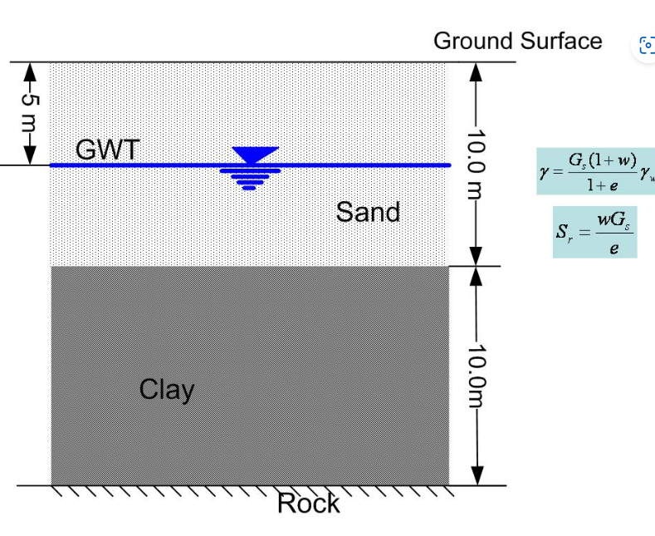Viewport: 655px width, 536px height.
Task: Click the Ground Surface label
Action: point(517,41)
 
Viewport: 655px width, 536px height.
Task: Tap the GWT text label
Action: point(108,150)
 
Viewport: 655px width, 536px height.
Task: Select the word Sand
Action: point(368,212)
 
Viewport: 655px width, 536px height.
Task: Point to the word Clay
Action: point(167,389)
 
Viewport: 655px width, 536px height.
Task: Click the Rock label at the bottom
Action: point(308,504)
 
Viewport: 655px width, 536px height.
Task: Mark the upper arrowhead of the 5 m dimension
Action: point(30,70)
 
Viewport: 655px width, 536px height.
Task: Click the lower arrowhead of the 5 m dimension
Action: point(30,157)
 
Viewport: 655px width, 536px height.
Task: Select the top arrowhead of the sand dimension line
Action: point(475,71)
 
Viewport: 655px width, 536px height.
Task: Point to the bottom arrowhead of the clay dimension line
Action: point(475,476)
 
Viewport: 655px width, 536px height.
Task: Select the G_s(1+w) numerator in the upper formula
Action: point(597,160)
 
